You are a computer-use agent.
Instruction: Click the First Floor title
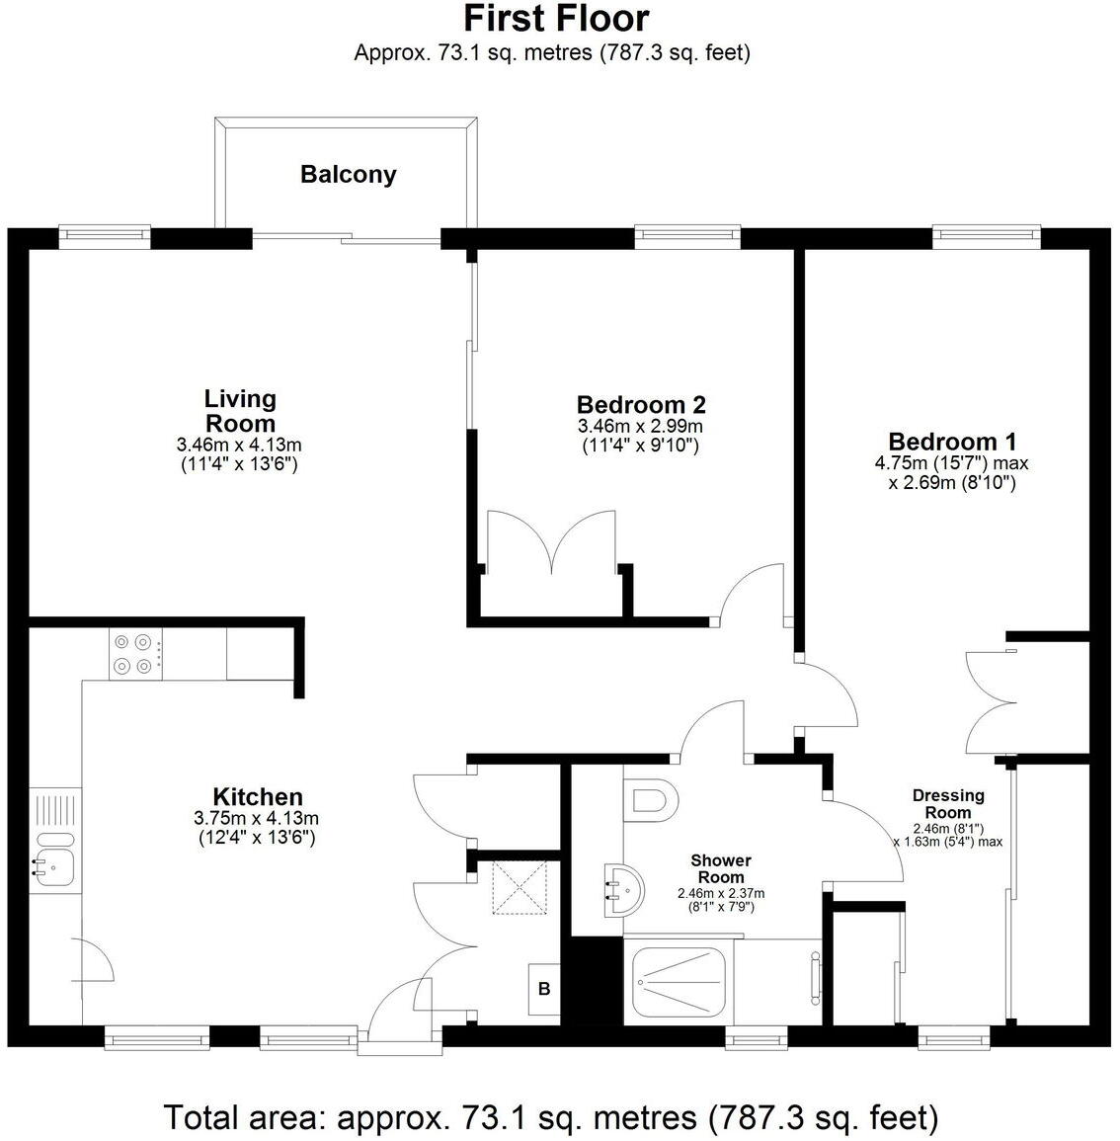pos(556,19)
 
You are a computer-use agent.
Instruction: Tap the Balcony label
pos(349,175)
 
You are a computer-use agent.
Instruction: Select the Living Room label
pos(240,410)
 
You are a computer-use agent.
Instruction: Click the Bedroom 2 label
pos(641,404)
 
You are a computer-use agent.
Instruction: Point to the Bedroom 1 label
pos(952,442)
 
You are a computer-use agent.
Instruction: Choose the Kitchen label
pos(258,796)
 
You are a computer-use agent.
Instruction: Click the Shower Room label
pos(721,868)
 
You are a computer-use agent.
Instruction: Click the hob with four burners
pos(137,654)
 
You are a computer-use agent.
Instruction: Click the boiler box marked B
pos(543,989)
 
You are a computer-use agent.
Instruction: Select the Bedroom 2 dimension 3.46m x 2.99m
pos(640,426)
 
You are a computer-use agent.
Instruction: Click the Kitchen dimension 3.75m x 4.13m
pos(257,818)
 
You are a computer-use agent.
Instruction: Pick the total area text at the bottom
pos(550,1117)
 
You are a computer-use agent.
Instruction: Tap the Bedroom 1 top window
pos(987,235)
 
